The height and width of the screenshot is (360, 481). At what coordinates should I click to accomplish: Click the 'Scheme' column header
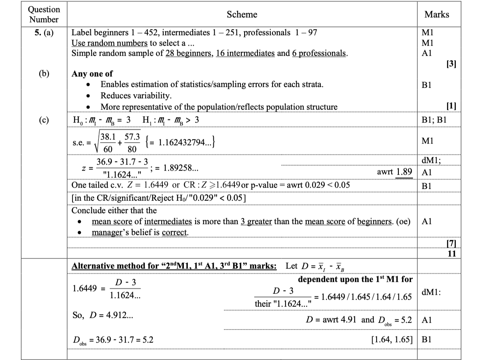242,15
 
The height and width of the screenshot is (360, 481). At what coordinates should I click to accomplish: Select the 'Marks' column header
436,15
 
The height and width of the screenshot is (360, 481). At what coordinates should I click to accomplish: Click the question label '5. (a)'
45,33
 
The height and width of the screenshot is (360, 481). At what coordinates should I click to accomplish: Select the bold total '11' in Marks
452,254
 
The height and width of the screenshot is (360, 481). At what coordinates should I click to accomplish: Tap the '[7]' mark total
451,244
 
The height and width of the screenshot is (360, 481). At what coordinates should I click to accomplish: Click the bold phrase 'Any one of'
92,74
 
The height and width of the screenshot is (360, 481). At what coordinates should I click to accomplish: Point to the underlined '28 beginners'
189,53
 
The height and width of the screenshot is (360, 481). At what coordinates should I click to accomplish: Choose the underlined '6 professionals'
319,53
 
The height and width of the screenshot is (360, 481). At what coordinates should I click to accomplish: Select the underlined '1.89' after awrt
404,172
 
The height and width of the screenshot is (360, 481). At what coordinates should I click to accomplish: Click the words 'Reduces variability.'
136,96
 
